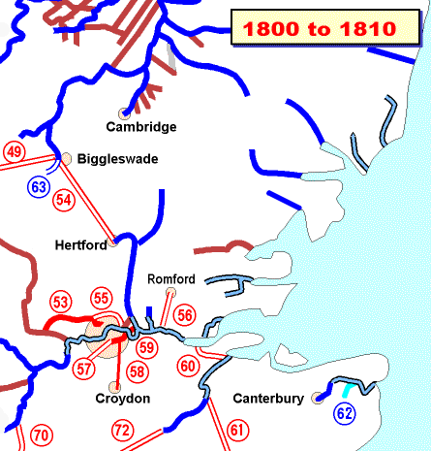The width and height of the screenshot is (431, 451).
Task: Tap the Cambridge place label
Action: pos(141,127)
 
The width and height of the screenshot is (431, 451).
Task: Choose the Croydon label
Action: pos(122,399)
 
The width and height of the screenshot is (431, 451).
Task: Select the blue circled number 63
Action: pos(39,186)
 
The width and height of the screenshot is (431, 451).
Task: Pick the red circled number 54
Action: pos(65,199)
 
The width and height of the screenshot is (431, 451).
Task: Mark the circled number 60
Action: pos(188,366)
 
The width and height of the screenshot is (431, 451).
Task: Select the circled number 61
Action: pos(237,429)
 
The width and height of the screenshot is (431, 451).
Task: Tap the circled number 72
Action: pos(122,429)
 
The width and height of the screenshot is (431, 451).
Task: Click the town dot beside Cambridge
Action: pos(123,113)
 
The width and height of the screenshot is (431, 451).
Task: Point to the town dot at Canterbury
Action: pos(318,398)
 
